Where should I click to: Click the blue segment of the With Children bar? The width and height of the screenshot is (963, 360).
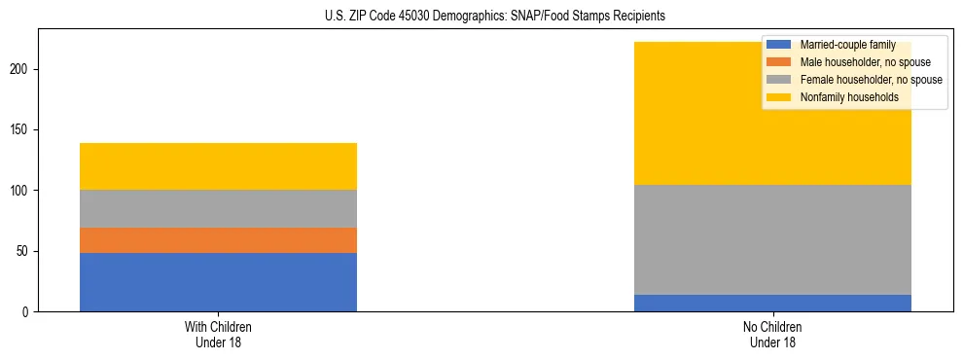[218, 282]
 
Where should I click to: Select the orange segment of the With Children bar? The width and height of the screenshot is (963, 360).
[218, 240]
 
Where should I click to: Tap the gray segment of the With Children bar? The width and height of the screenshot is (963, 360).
[218, 208]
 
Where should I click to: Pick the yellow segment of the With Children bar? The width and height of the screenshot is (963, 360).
[218, 166]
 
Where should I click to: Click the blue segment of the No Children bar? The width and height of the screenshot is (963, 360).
[772, 303]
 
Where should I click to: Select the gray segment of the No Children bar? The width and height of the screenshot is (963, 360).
[772, 239]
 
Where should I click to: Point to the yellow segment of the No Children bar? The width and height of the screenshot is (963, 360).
[681, 113]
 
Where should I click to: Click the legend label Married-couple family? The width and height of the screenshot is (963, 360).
[847, 45]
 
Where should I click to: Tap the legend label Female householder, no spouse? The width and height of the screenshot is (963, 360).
[871, 80]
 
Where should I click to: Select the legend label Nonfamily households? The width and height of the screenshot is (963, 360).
[849, 97]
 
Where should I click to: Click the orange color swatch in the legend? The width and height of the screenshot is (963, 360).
[779, 62]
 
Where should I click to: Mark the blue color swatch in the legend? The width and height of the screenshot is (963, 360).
[779, 45]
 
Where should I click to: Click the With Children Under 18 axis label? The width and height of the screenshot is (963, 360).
[218, 334]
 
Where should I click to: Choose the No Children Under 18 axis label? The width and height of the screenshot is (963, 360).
[772, 334]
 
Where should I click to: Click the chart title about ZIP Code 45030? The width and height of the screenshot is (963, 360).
[495, 17]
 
